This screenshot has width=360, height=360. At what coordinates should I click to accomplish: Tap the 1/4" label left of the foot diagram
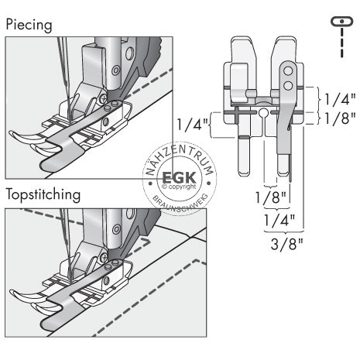pos(192,122)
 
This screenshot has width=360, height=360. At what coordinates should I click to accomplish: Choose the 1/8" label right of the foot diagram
pos(339,118)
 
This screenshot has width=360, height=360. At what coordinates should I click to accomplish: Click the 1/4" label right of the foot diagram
pos(339,98)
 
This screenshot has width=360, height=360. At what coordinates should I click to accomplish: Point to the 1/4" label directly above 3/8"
pos(277,221)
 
